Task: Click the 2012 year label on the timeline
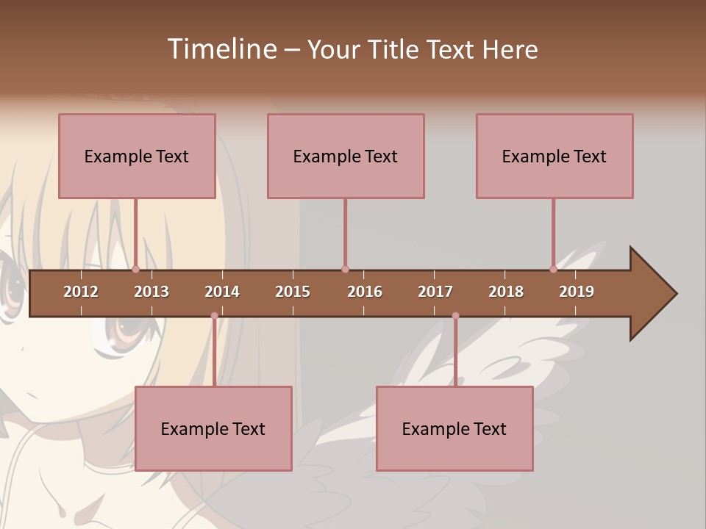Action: click(x=81, y=292)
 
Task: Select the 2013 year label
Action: click(x=151, y=292)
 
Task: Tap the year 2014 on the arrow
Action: click(x=222, y=292)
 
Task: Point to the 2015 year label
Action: click(x=293, y=292)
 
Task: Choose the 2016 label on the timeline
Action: click(x=365, y=292)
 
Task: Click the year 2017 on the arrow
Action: click(x=435, y=292)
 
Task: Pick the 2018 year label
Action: click(x=506, y=292)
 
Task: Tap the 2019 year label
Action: click(x=577, y=292)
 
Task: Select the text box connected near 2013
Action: click(x=137, y=156)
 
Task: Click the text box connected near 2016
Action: click(x=346, y=156)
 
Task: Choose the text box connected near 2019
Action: click(x=555, y=156)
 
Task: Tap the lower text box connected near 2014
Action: click(x=213, y=428)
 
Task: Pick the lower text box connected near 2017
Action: click(x=454, y=428)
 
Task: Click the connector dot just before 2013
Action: click(x=135, y=269)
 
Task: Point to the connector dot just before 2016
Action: click(x=345, y=269)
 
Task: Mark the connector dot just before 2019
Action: click(x=553, y=269)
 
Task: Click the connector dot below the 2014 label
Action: click(x=214, y=316)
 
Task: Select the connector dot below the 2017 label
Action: click(x=455, y=316)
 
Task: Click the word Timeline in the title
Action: click(x=221, y=49)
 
